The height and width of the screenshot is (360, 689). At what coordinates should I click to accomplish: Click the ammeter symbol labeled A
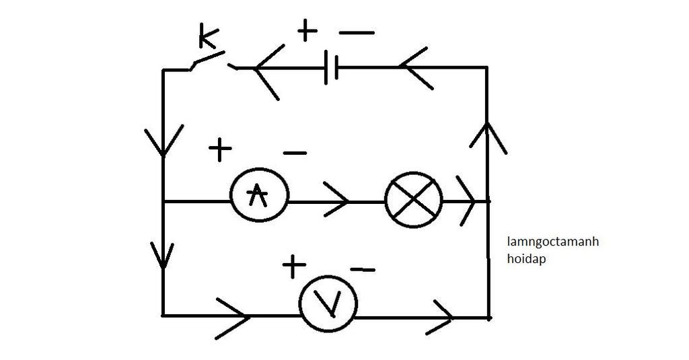pos(260,194)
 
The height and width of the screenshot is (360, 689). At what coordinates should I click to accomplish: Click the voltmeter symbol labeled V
pos(328,305)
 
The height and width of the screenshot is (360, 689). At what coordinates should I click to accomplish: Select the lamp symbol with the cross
pos(414,199)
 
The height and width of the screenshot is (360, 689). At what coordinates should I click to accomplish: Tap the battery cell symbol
pos(331,67)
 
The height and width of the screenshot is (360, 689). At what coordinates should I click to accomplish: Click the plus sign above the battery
pos(306,30)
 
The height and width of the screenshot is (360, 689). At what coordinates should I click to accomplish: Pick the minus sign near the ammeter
pos(295,153)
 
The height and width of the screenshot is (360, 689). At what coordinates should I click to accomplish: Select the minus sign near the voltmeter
pos(363,270)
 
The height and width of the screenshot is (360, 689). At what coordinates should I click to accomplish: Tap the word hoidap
pos(528,257)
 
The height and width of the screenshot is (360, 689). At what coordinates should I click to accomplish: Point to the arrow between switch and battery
pos(266,71)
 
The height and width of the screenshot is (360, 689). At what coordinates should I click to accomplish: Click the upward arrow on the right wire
pos(487,134)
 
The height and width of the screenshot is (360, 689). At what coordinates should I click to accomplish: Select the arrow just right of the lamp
pos(468,200)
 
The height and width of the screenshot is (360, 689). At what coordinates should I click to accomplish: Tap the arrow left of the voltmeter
pos(235,315)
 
